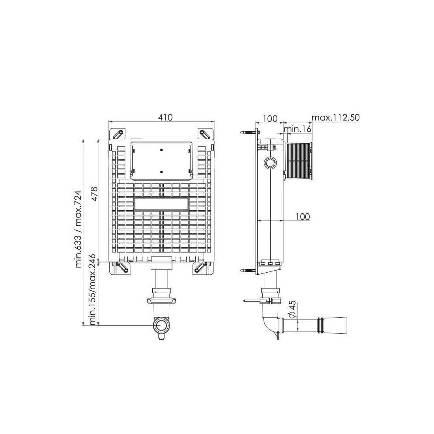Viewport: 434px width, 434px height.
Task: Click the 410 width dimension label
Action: click(165, 117)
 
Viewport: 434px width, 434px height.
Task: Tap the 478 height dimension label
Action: click(94, 194)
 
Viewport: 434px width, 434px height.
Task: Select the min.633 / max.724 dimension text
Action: click(79, 229)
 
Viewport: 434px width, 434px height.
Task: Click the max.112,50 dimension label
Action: click(335, 118)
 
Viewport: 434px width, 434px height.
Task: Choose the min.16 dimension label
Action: click(298, 129)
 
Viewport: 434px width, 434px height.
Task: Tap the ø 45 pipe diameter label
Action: click(292, 309)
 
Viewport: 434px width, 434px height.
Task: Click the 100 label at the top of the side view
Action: click(270, 118)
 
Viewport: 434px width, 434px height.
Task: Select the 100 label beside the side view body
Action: click(303, 217)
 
